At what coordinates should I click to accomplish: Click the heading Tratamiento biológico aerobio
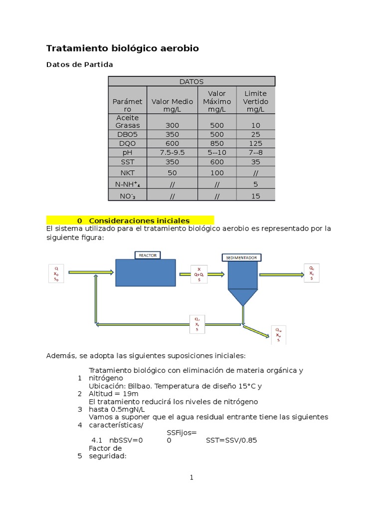pos(122,48)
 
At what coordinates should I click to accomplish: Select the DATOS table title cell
pos(191,81)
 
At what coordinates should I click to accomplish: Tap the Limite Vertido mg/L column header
pos(255,101)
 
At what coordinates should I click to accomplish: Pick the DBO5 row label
pos(128,134)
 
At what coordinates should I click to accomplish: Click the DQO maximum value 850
pos(217,143)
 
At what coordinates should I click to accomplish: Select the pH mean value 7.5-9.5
pos(172,152)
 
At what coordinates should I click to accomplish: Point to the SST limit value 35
pos(255,162)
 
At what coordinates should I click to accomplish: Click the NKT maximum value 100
pos(217,173)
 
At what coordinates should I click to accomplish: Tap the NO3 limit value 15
pos(255,196)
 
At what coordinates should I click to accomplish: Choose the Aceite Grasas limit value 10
pos(255,125)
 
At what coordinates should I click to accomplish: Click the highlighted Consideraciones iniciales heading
pos(139,221)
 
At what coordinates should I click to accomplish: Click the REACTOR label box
pos(148,255)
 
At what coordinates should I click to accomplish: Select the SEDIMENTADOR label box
pos(241,257)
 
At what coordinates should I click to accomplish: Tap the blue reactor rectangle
pos(146,273)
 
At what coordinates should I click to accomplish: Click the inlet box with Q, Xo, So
pos(56,274)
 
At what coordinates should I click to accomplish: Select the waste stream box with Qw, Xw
pos(278,335)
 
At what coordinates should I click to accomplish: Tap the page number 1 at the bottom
pos(191,478)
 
